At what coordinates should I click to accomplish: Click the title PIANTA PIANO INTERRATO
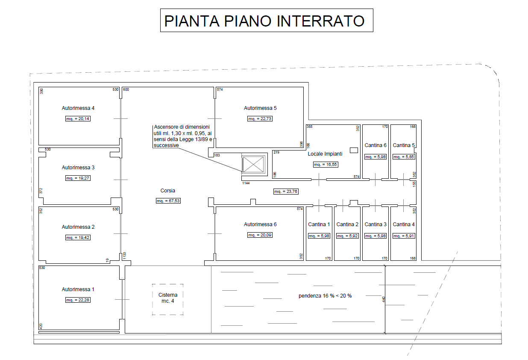pos(264,21)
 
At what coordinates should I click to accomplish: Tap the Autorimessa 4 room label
pos(78,108)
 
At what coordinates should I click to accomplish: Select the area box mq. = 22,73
pos(260,119)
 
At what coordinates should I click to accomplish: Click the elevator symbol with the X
pos(253,164)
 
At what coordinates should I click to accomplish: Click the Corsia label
pos(167,190)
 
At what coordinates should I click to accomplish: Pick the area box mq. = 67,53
pos(168,201)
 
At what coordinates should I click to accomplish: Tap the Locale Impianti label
pos(325,154)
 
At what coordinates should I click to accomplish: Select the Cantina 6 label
pos(375,145)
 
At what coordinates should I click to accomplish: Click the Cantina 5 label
pos(404,145)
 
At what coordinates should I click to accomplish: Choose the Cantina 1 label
pos(319,224)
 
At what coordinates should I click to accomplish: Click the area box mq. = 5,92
pos(347,236)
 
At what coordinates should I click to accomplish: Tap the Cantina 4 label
pos(404,224)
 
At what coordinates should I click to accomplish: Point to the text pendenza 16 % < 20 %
pos(325,296)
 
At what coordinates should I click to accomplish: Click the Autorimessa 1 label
pos(78,289)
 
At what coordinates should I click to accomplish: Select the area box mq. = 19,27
pos(78,178)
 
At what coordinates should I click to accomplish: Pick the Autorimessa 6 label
pos(260,224)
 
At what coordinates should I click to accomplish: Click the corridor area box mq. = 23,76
pos(286,191)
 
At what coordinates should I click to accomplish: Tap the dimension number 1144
pos(246,183)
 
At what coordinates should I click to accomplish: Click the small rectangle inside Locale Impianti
pos(354,150)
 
